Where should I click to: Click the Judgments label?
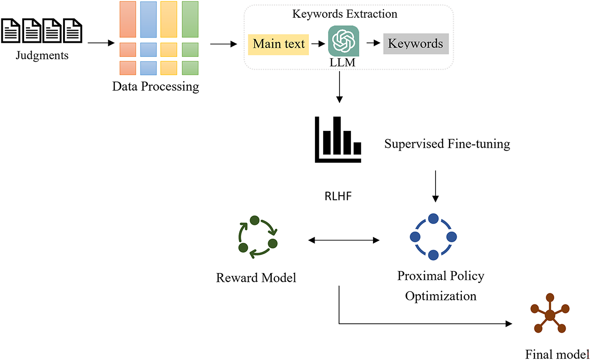tap(41, 55)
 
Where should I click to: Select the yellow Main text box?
tap(279, 44)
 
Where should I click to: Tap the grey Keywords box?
tap(415, 44)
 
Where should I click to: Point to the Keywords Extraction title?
tap(345, 14)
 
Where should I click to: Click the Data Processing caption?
tap(155, 87)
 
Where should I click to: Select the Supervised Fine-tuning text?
tap(447, 144)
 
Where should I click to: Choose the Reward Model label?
tap(256, 278)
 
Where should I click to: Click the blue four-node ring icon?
tap(433, 237)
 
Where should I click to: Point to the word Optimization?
tap(441, 296)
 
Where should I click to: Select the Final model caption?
tap(557, 353)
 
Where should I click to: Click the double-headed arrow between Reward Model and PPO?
tap(343, 240)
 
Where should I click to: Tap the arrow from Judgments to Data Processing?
tap(101, 44)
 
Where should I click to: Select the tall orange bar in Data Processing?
tap(128, 19)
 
